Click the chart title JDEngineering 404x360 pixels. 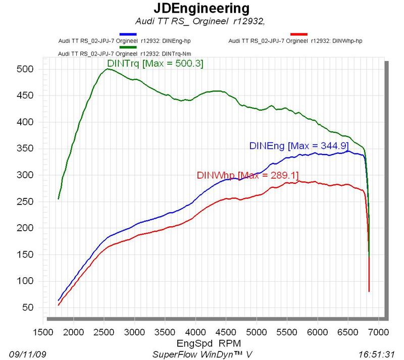pos(201,9)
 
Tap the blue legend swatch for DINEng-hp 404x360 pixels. pos(128,34)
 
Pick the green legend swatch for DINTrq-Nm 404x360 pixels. pos(128,47)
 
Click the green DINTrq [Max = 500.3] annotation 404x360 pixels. pos(155,64)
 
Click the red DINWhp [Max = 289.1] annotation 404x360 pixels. pos(247,175)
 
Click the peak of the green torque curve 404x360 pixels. pos(108,69)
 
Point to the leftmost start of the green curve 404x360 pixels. pos(59,198)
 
